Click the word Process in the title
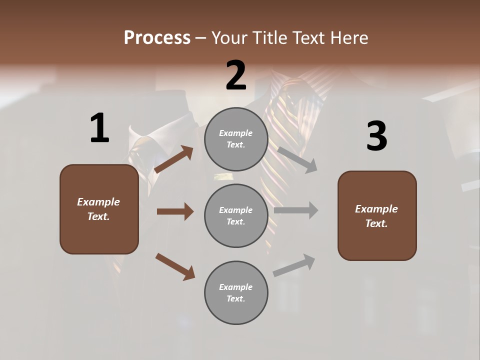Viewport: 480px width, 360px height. click(x=157, y=38)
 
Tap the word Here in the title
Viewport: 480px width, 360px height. click(x=349, y=38)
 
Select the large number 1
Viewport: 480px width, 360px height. click(x=99, y=128)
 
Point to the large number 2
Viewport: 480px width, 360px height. click(x=236, y=75)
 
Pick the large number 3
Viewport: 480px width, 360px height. click(x=376, y=136)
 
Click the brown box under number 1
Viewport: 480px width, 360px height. click(x=99, y=209)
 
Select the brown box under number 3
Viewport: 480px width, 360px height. click(x=377, y=215)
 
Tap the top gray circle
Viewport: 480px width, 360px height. click(x=236, y=139)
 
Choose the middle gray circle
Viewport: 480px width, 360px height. click(x=236, y=215)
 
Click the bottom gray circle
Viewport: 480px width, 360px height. click(x=236, y=292)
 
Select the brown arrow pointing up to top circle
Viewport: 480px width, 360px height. click(x=174, y=159)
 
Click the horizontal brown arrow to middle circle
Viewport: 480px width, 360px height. click(x=175, y=211)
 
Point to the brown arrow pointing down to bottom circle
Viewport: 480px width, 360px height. click(x=175, y=266)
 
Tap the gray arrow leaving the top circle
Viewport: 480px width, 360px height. click(x=297, y=159)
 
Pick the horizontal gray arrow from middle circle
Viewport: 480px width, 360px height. click(x=296, y=210)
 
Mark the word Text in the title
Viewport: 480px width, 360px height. click(x=309, y=38)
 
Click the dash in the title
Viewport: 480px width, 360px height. click(x=200, y=38)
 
